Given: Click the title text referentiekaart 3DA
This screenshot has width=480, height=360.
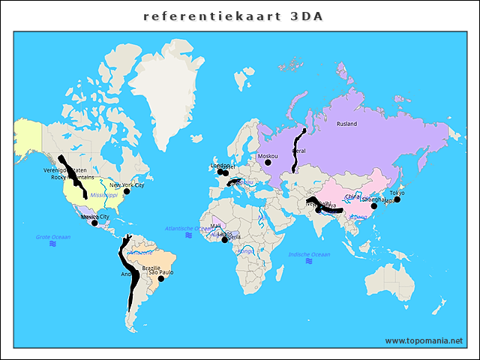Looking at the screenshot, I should click(233, 16).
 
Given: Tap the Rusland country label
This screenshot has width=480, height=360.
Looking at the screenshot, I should click(346, 124).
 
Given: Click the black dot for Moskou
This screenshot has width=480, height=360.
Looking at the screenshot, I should click(268, 162).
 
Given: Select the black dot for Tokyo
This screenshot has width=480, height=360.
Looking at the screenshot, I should click(397, 199).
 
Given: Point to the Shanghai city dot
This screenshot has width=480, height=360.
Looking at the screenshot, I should click(374, 205).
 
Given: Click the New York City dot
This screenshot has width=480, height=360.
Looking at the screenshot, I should click(127, 191).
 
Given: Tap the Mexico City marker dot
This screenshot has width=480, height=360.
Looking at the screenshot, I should click(94, 222).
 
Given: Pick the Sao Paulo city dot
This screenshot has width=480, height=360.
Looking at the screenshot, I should click(160, 279).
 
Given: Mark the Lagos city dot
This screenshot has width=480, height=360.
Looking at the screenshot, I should click(224, 240).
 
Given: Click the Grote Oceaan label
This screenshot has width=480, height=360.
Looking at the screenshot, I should click(52, 237).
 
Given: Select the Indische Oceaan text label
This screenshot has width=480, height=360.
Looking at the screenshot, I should click(309, 255).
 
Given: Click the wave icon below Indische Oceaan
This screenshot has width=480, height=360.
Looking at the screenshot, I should click(309, 262).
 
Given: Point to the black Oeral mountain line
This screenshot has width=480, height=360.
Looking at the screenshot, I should click(295, 150).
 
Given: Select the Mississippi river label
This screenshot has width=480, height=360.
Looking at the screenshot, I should click(104, 194).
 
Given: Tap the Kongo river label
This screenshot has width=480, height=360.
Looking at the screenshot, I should click(245, 251).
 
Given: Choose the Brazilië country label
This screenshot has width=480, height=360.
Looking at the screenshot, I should click(151, 268).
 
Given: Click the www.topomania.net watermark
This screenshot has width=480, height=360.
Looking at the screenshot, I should click(424, 340).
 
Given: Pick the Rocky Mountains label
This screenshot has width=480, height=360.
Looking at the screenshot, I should click(68, 177).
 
